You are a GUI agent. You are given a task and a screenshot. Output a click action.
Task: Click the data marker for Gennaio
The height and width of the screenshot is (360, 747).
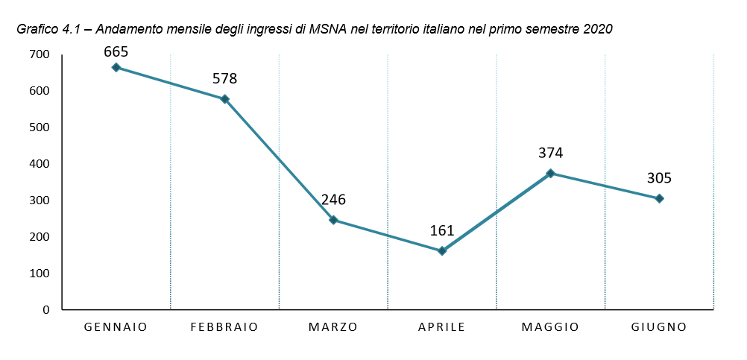116,67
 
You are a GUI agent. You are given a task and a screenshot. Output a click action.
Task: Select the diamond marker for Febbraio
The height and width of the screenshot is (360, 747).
224,99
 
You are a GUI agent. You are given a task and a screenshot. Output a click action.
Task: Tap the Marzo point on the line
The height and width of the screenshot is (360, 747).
333,220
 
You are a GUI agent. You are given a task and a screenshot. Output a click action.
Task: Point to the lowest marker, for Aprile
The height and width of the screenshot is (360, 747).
442,250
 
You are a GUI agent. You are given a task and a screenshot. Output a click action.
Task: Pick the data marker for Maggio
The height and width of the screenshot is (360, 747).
551,173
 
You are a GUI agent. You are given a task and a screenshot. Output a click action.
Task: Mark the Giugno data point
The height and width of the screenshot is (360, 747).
659,198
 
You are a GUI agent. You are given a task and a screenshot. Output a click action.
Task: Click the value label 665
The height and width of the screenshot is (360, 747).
116,51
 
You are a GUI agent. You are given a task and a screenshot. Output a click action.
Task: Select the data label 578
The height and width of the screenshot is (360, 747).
224,78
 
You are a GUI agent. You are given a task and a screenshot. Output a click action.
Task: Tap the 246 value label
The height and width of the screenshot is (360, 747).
333,200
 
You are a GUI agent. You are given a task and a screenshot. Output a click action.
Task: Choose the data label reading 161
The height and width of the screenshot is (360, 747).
442,231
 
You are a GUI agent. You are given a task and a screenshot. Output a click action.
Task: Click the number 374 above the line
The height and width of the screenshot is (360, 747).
551,153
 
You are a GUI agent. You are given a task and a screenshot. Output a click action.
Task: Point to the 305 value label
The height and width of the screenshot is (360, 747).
659,178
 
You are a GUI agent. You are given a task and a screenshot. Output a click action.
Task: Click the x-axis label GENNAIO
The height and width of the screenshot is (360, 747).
116,327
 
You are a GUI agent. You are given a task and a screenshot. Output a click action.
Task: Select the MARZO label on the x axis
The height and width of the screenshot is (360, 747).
333,327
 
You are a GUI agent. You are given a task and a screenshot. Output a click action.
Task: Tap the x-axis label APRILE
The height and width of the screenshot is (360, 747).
442,327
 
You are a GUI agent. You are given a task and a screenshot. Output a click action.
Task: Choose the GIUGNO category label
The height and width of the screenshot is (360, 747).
659,327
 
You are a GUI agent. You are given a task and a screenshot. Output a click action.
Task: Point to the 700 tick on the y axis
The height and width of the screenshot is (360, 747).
39,54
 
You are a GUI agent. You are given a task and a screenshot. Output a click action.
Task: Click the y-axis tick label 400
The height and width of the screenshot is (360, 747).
39,164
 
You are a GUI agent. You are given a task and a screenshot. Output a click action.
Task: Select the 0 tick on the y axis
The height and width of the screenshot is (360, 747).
45,309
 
